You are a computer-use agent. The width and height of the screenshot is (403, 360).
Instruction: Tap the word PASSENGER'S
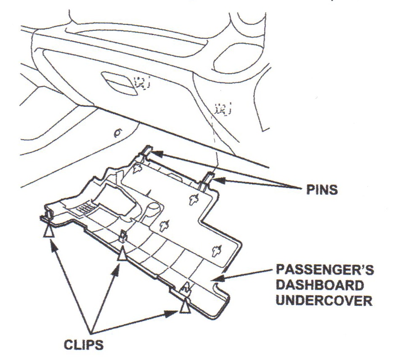(324, 268)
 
